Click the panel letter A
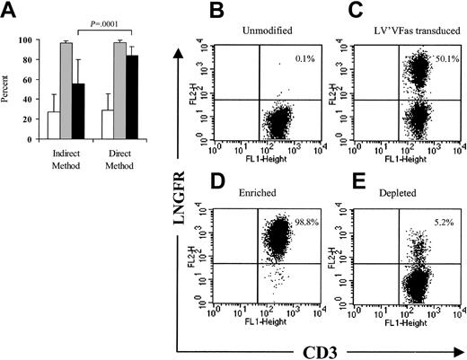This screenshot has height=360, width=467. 11,13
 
